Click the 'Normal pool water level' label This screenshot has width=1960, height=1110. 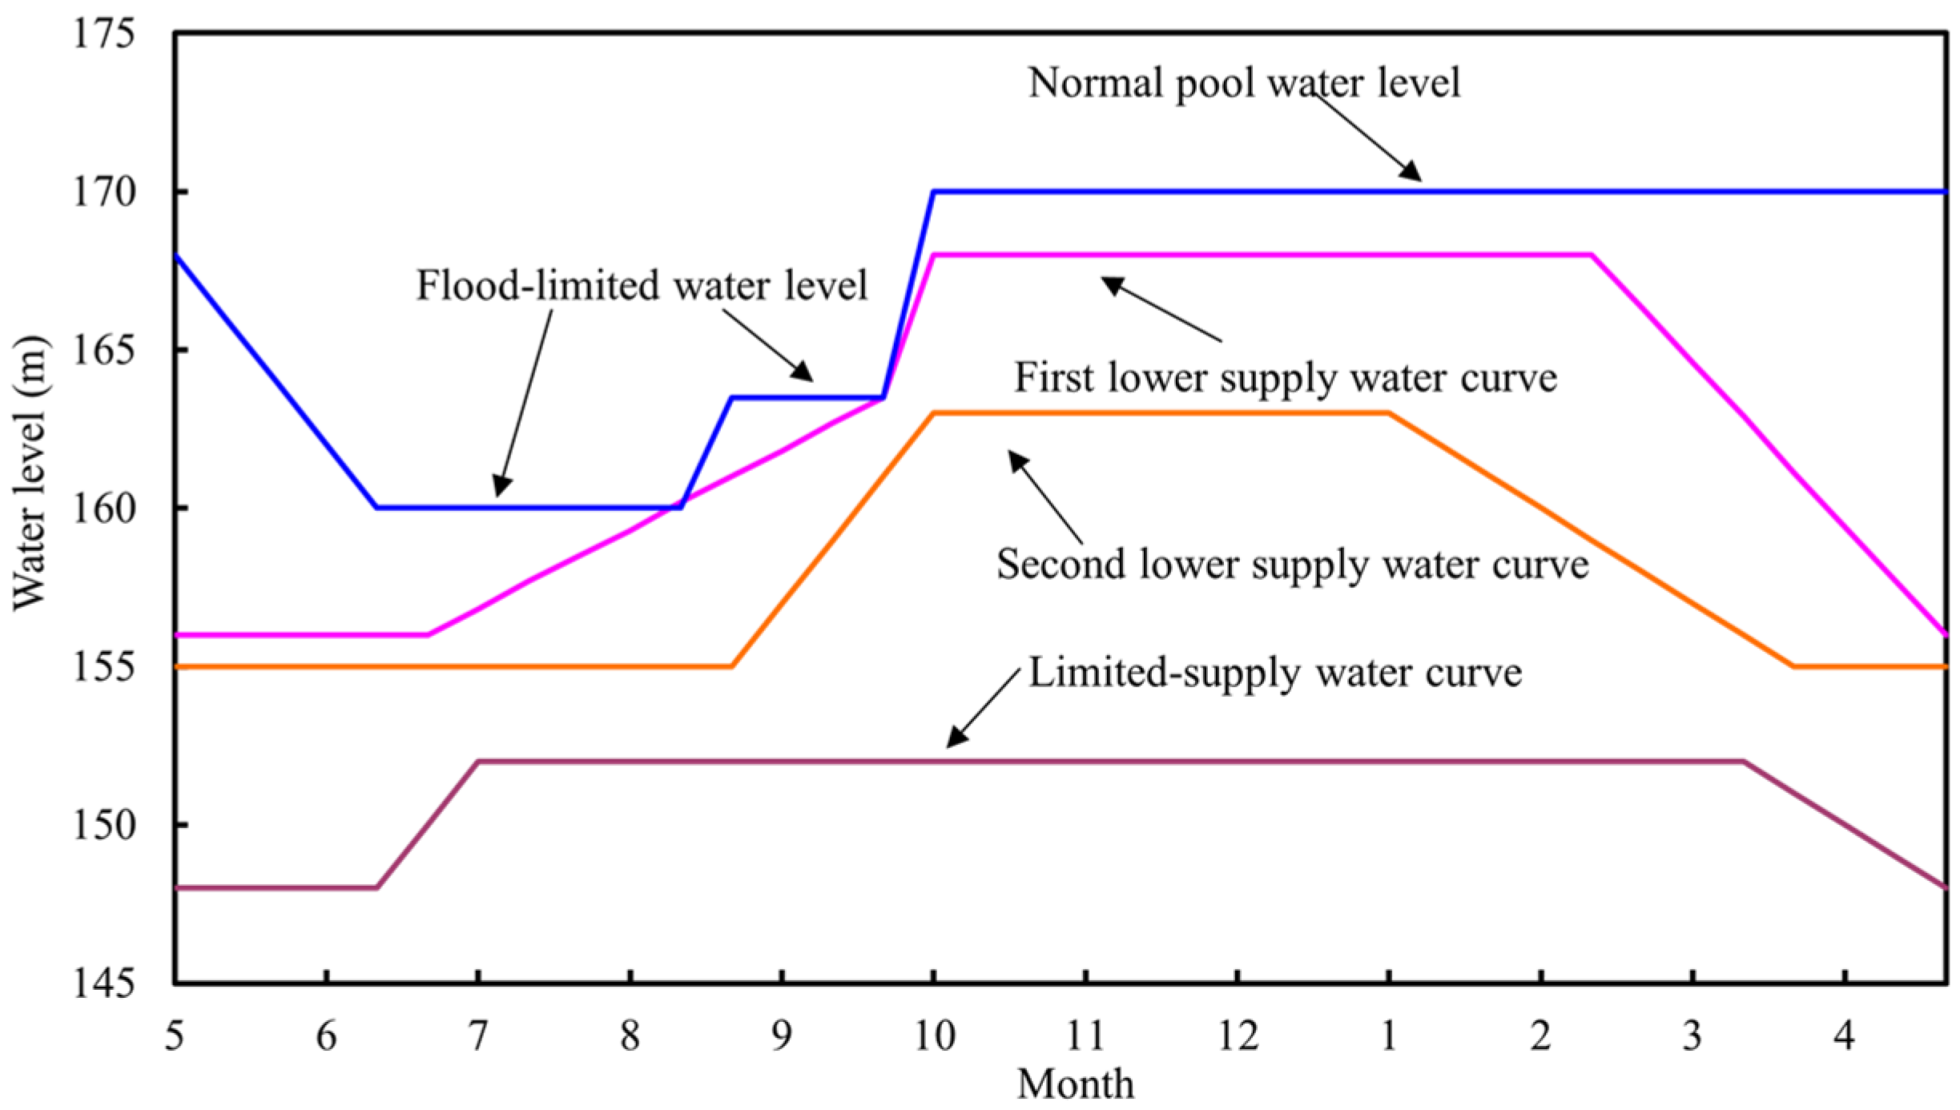1244,82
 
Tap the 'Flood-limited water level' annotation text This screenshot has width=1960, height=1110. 642,285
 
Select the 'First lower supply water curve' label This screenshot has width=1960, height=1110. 1286,377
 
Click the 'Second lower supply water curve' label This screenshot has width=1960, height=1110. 1292,565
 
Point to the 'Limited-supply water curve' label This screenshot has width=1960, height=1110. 1274,672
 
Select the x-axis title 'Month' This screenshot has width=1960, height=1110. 1075,1084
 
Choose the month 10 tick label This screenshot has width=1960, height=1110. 934,1036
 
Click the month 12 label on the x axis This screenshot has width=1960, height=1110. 1238,1036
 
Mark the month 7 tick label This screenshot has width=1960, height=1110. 478,1036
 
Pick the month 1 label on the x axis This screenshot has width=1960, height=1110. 1389,1036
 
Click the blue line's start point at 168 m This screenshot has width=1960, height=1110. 176,255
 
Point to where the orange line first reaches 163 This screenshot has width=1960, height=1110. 934,413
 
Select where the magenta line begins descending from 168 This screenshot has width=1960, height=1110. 1592,255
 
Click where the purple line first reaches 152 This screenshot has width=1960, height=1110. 478,762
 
